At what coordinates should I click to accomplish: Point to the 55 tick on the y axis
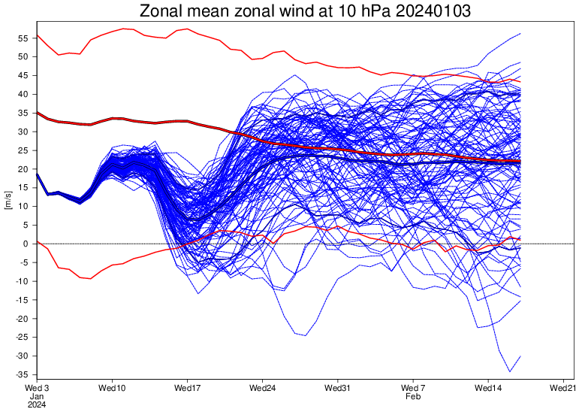(x=24, y=38)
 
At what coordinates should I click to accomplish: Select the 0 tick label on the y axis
(x=26, y=244)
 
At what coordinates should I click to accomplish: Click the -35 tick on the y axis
(x=23, y=374)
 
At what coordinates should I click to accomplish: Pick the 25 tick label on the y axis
(x=24, y=150)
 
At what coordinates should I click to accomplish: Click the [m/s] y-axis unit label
(x=8, y=200)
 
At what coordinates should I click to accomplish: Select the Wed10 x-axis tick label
(x=112, y=388)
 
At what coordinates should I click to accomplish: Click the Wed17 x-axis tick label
(x=187, y=388)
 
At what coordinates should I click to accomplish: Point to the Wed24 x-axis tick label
(x=262, y=388)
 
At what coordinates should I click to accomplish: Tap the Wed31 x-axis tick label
(x=337, y=388)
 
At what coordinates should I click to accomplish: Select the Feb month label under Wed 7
(x=413, y=396)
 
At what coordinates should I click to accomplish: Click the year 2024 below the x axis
(x=38, y=404)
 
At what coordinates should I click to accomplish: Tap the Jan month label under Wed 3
(x=37, y=396)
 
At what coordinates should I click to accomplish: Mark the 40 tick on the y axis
(x=24, y=94)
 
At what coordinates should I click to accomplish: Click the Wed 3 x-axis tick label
(x=38, y=388)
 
